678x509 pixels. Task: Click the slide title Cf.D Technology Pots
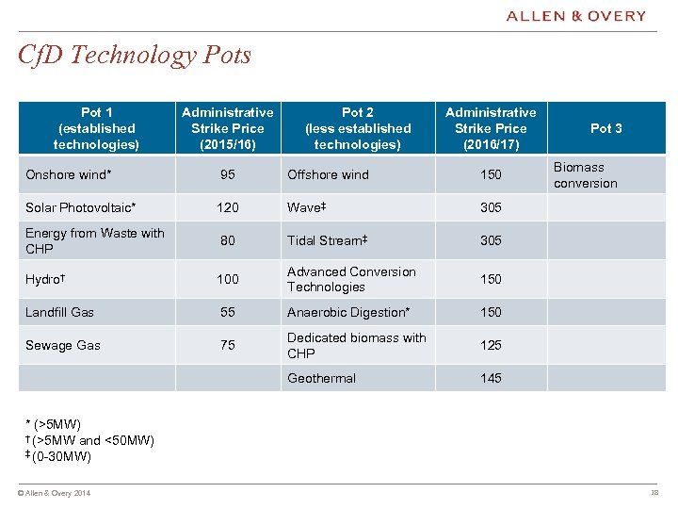pyautogui.click(x=135, y=55)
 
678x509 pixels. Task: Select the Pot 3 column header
pyautogui.click(x=605, y=128)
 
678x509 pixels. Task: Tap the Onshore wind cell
pyautogui.click(x=69, y=174)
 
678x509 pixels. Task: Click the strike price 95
pyautogui.click(x=227, y=174)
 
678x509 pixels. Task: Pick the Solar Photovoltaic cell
pyautogui.click(x=81, y=207)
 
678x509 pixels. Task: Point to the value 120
pyautogui.click(x=227, y=207)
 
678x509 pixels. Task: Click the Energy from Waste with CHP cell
pyautogui.click(x=94, y=240)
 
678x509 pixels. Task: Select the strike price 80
pyautogui.click(x=227, y=240)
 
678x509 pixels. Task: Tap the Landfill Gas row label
pyautogui.click(x=60, y=312)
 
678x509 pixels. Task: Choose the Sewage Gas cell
pyautogui.click(x=63, y=345)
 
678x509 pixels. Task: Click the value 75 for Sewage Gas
pyautogui.click(x=227, y=345)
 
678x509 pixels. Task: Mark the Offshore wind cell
pyautogui.click(x=328, y=174)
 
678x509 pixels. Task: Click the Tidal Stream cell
pyautogui.click(x=327, y=240)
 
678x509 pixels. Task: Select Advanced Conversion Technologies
pyautogui.click(x=351, y=279)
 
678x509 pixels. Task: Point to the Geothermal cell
pyautogui.click(x=321, y=378)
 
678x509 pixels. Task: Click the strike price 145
pyautogui.click(x=491, y=378)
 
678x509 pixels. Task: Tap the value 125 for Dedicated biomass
pyautogui.click(x=491, y=345)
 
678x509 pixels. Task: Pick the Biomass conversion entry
pyautogui.click(x=585, y=175)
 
